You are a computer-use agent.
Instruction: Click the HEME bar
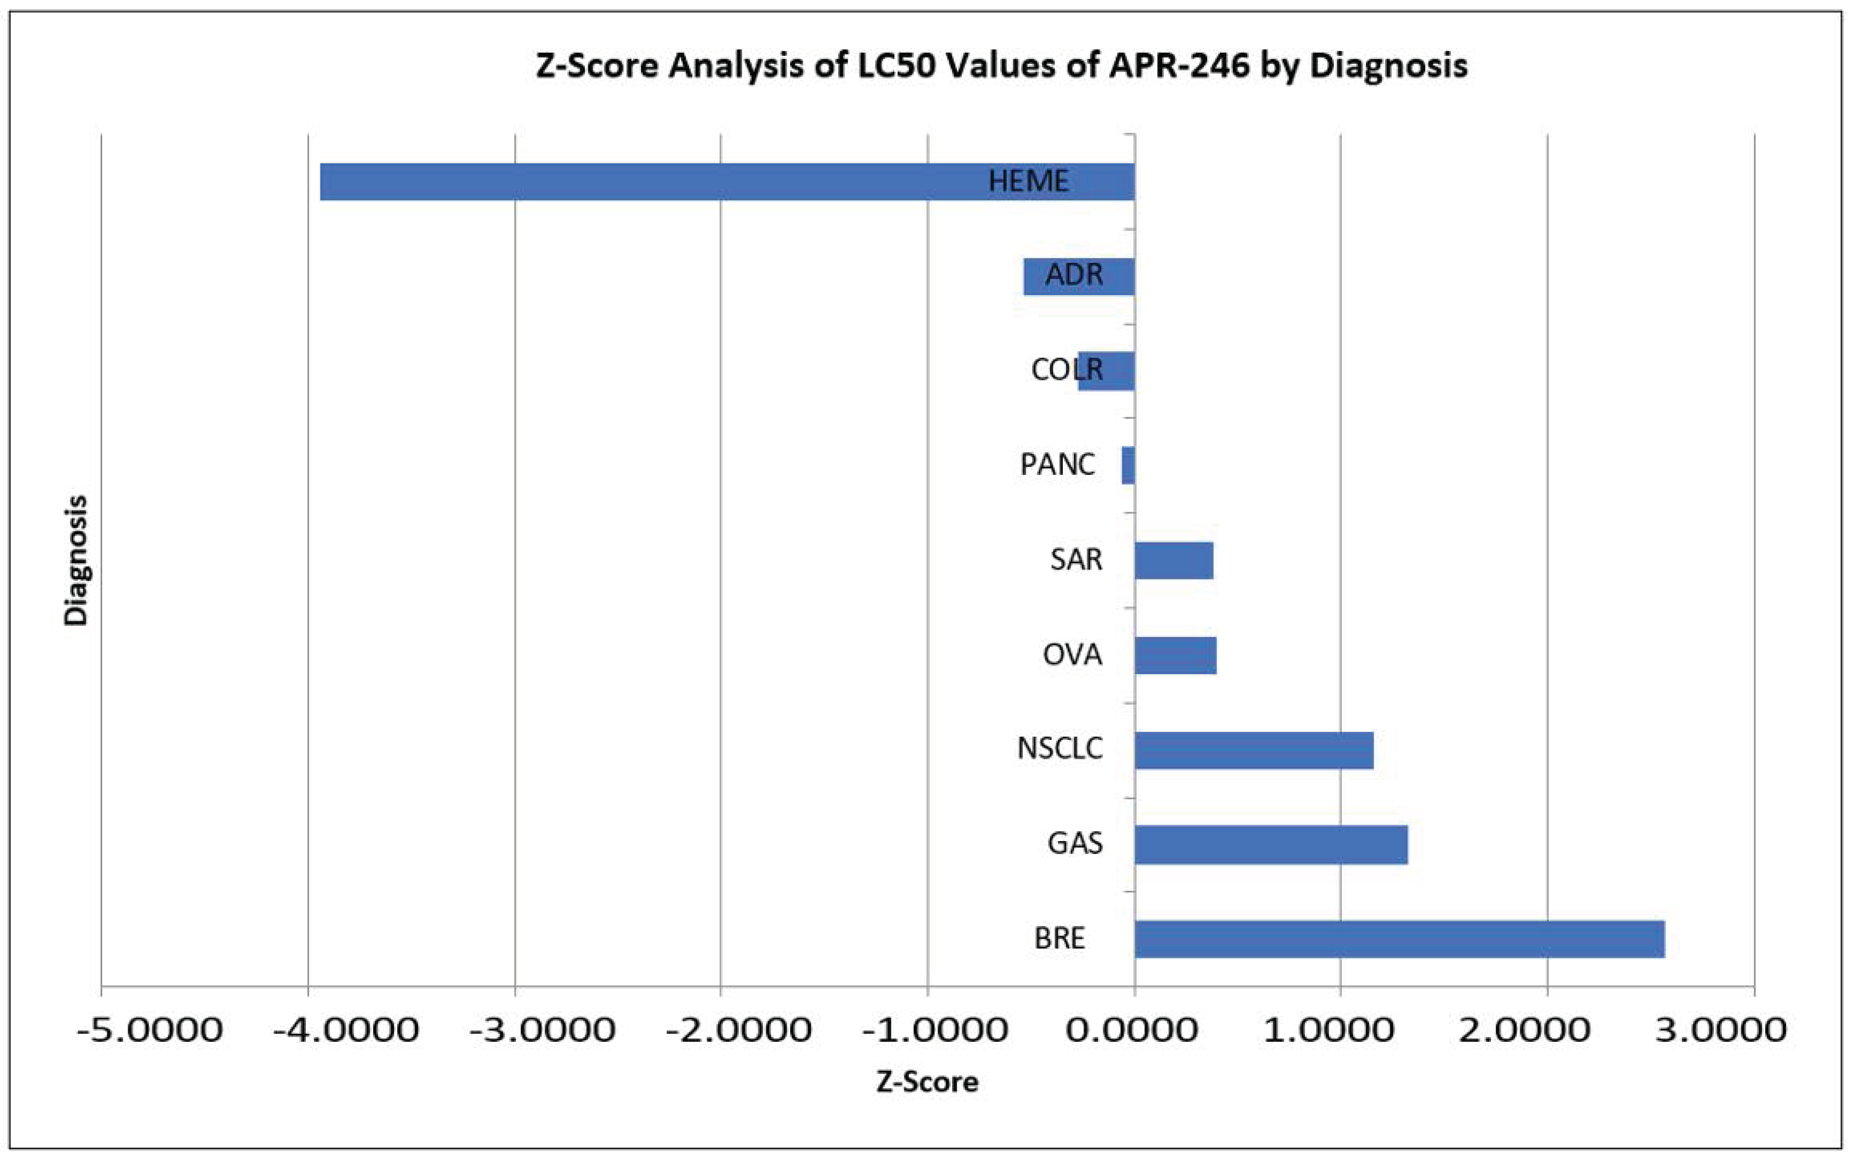coord(690,182)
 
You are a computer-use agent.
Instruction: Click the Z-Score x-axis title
coord(928,1082)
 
